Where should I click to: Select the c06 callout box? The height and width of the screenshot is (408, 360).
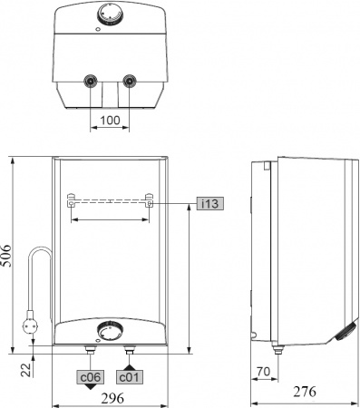coord(90,374)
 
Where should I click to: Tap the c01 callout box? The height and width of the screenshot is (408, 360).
coord(129,374)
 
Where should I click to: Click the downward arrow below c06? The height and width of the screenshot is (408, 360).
coord(90,386)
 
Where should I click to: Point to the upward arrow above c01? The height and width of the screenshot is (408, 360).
coord(129,363)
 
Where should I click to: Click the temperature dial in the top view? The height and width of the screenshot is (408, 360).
coord(110,15)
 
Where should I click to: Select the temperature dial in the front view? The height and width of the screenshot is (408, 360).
coord(110,329)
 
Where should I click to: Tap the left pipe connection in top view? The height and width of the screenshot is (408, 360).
coord(90,81)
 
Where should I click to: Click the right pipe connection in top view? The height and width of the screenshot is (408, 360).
coord(130,81)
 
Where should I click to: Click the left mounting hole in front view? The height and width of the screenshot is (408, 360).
coord(71,204)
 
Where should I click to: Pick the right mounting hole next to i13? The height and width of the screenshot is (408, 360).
coord(149,204)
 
